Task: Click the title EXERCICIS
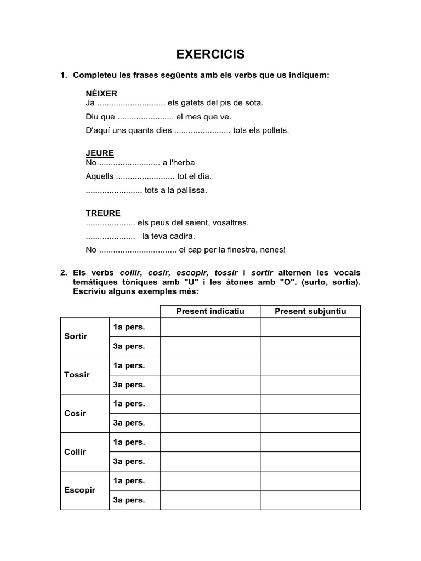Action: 210,55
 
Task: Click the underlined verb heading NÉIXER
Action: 101,94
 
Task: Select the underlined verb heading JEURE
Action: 100,153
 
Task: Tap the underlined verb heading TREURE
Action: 103,213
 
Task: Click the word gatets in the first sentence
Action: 196,102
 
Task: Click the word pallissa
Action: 192,190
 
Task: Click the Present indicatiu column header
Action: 210,311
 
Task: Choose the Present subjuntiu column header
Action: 310,311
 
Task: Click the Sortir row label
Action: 76,336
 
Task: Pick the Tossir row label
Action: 77,375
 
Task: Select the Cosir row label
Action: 75,413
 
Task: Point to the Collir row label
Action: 75,452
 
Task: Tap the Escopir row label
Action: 79,490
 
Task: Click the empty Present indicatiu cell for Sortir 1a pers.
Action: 210,327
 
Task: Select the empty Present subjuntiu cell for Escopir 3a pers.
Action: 310,500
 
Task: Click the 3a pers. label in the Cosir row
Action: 129,423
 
